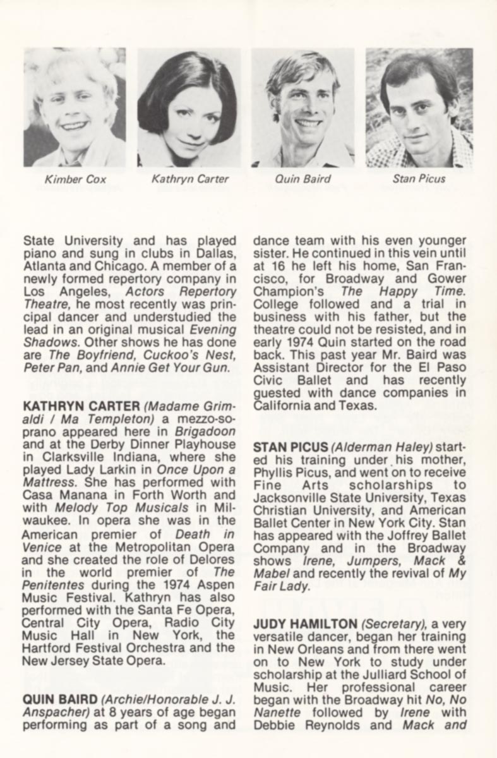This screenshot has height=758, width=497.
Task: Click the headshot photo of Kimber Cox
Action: point(75,107)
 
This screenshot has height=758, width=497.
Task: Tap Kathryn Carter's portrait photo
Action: point(189,107)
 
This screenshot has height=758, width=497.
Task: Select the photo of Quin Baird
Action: point(303,107)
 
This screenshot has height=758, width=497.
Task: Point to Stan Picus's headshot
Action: point(419,107)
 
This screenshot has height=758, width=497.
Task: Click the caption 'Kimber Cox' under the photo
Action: point(75,179)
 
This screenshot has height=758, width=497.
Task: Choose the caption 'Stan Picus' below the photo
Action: point(418,179)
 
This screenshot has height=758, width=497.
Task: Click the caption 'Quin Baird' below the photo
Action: point(302,179)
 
